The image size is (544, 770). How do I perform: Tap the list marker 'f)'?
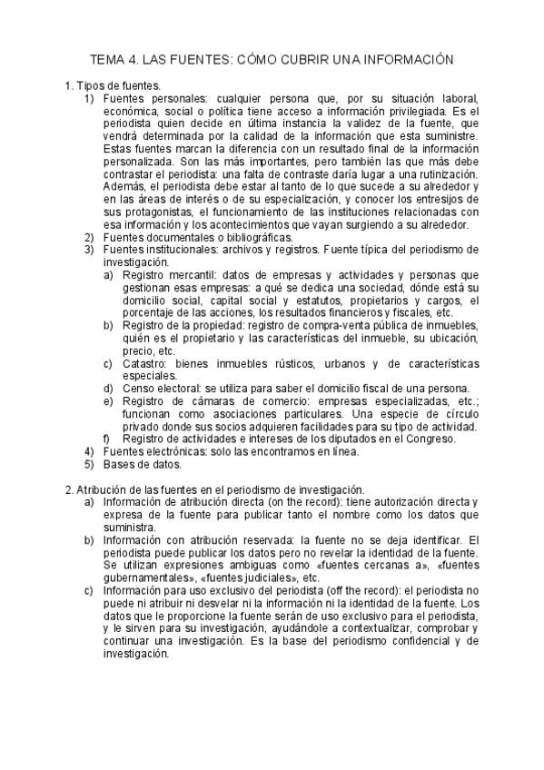106,439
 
